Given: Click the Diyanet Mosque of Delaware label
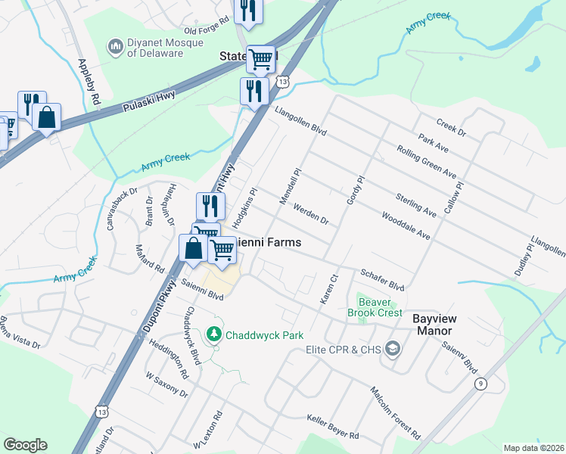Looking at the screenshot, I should (155, 47).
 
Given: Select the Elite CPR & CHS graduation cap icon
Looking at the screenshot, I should (393, 349).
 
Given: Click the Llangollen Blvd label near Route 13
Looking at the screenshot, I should (300, 121).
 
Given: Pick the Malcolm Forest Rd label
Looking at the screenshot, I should (395, 412).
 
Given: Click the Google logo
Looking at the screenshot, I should (25, 445).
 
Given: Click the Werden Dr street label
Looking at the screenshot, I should (310, 215).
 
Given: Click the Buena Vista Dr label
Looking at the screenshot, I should (20, 333).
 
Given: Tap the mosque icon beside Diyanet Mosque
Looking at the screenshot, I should (116, 47).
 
